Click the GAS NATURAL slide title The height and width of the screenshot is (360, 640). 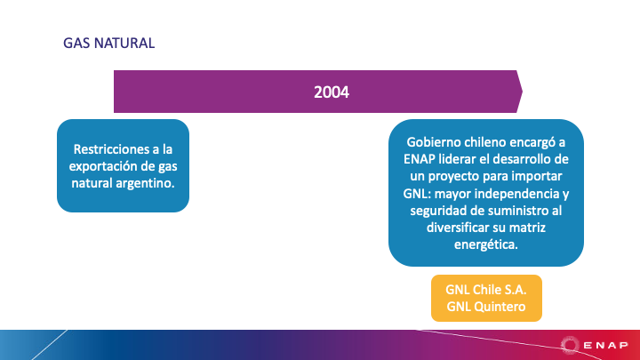pos(109,43)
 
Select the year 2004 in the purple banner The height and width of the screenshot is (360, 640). pos(332,92)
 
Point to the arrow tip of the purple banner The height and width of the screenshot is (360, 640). pos(522,92)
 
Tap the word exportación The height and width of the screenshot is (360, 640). pos(102,166)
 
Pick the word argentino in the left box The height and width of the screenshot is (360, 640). pos(145,183)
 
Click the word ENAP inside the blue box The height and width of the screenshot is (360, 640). pos(420,159)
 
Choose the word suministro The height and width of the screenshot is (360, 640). pos(518,211)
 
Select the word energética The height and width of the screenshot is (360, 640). pos(485,244)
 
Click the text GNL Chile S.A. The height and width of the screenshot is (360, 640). pos(485,290)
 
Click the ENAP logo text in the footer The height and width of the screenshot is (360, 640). pos(606,345)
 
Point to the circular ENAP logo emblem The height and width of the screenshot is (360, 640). pos(570,345)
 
